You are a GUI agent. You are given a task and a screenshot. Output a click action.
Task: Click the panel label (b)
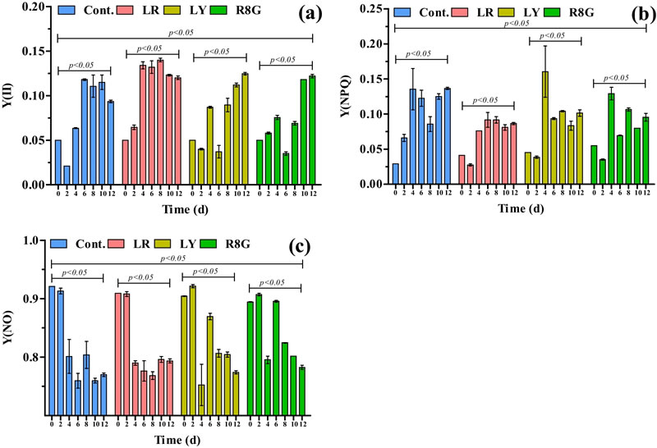(632, 15)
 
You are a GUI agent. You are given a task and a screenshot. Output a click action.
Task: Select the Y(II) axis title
(10, 96)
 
